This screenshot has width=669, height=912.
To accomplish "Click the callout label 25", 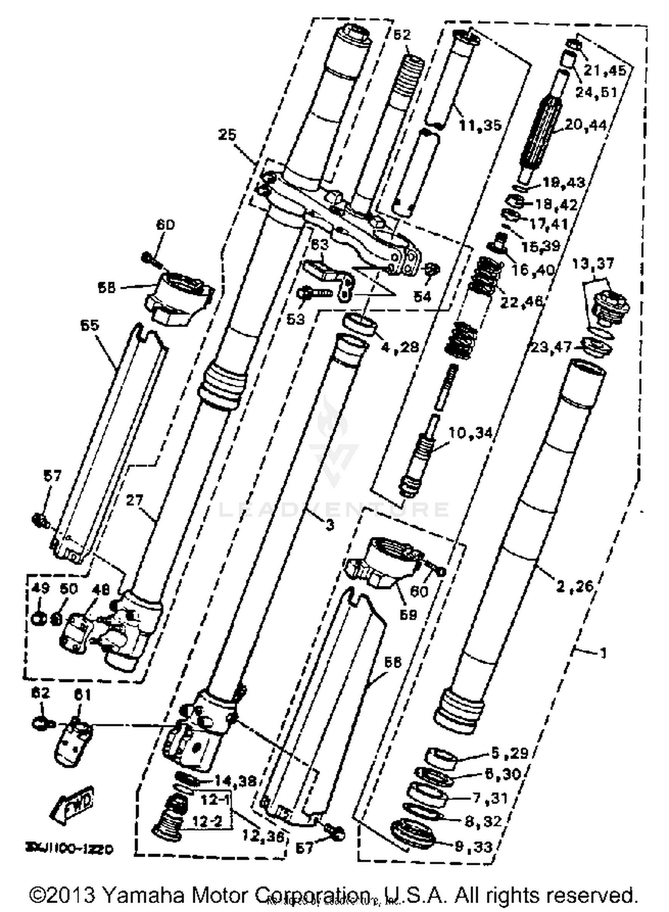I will (227, 135).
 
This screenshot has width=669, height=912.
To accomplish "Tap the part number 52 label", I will (401, 35).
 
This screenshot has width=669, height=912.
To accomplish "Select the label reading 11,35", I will (480, 125).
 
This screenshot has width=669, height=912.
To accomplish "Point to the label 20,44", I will (586, 125).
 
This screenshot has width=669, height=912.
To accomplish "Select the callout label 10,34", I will (470, 433).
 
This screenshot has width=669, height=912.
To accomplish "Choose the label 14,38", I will (235, 781).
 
